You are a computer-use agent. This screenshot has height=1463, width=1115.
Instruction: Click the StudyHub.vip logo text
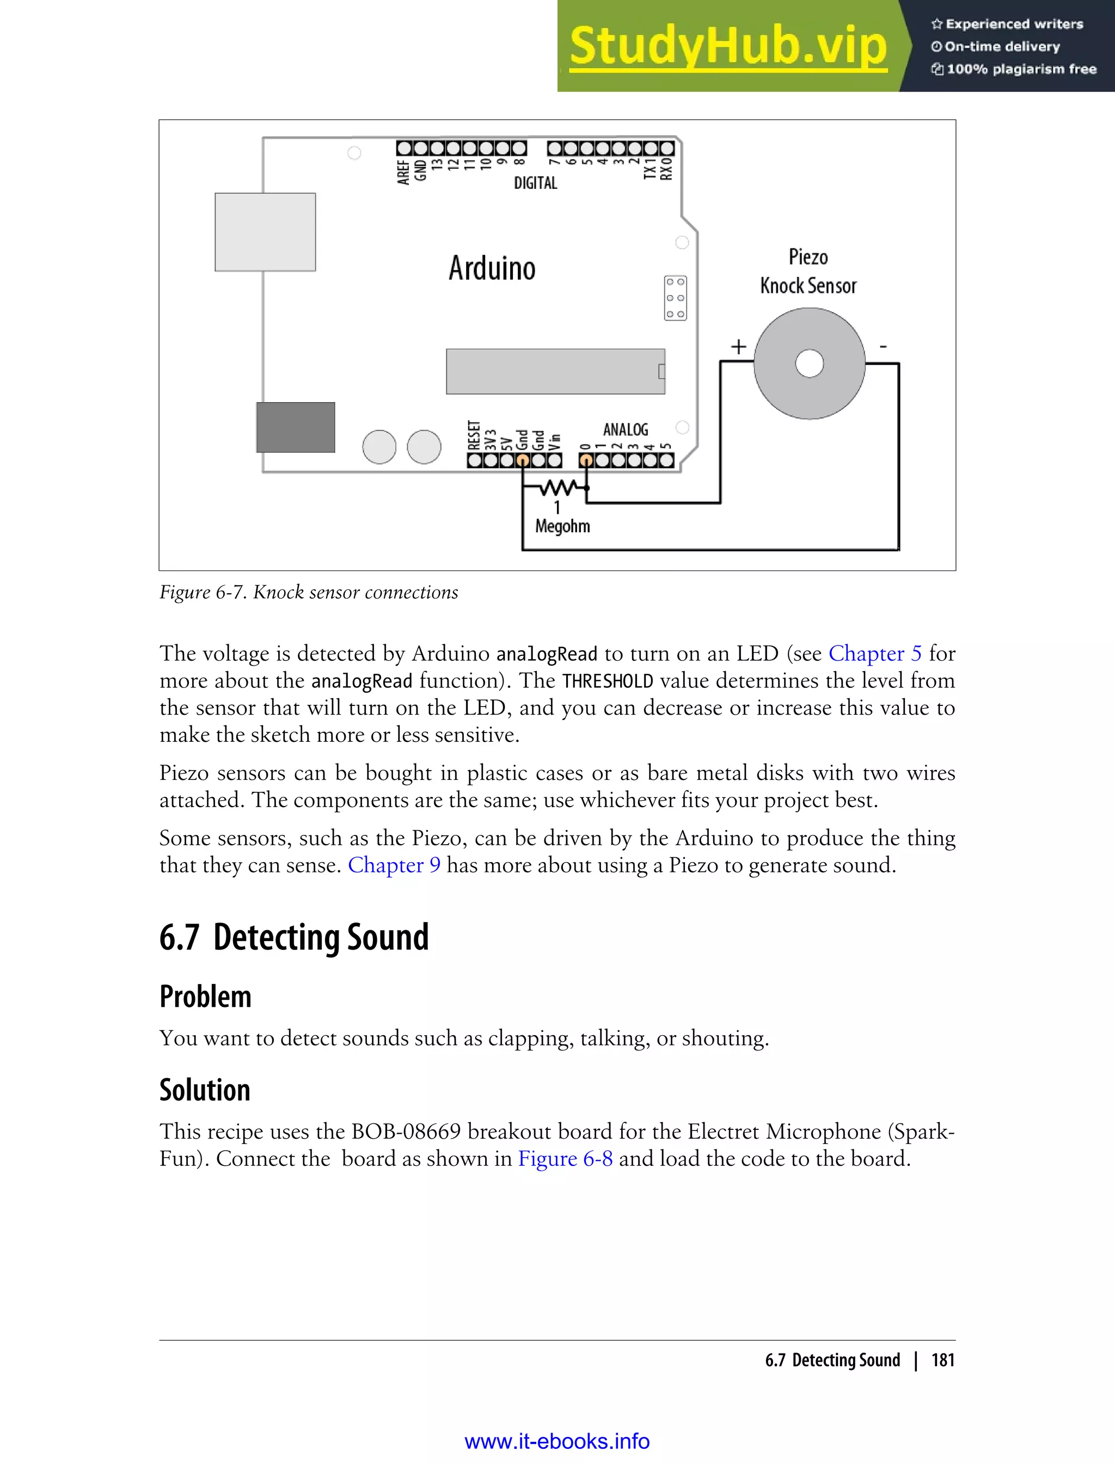pyautogui.click(x=728, y=46)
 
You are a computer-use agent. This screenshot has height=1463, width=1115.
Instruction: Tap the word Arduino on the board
pyautogui.click(x=492, y=268)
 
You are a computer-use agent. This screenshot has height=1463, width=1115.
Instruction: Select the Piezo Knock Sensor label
pyautogui.click(x=808, y=272)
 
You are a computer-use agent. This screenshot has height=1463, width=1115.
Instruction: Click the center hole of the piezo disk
pyautogui.click(x=809, y=364)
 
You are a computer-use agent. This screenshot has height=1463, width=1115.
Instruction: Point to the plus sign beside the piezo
pyautogui.click(x=739, y=346)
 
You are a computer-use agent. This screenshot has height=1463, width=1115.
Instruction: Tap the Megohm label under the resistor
pyautogui.click(x=562, y=526)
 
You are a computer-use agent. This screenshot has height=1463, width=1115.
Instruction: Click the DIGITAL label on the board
pyautogui.click(x=536, y=183)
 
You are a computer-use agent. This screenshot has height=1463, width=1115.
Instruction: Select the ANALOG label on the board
pyautogui.click(x=625, y=430)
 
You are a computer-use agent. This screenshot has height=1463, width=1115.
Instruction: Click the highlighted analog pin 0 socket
pyautogui.click(x=586, y=460)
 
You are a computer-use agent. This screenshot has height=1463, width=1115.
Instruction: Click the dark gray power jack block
pyautogui.click(x=295, y=427)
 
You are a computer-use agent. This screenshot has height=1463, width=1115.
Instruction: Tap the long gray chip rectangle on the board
pyautogui.click(x=555, y=372)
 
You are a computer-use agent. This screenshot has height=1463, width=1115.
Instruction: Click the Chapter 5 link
pyautogui.click(x=875, y=654)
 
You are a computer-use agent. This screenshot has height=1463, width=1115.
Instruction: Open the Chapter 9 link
pyautogui.click(x=394, y=865)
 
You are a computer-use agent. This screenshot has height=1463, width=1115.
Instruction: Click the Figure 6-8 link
pyautogui.click(x=565, y=1158)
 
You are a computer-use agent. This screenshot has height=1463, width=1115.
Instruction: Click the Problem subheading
pyautogui.click(x=205, y=997)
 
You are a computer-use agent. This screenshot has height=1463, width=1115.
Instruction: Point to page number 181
pyautogui.click(x=942, y=1360)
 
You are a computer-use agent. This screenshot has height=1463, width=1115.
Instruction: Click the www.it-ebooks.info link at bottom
pyautogui.click(x=557, y=1441)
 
